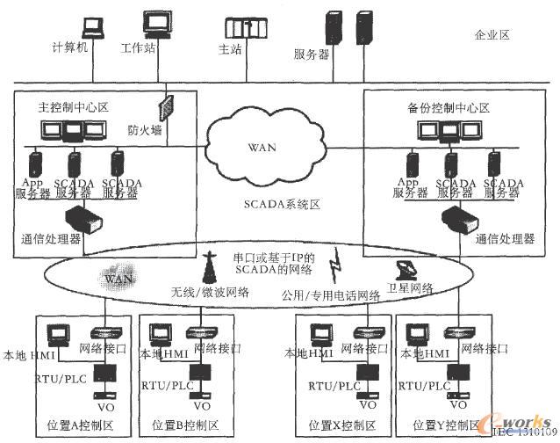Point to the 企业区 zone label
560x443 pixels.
click(492, 36)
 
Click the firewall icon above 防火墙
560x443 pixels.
click(163, 107)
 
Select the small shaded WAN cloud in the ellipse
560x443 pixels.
click(119, 277)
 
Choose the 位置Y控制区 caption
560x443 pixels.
click(450, 424)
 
